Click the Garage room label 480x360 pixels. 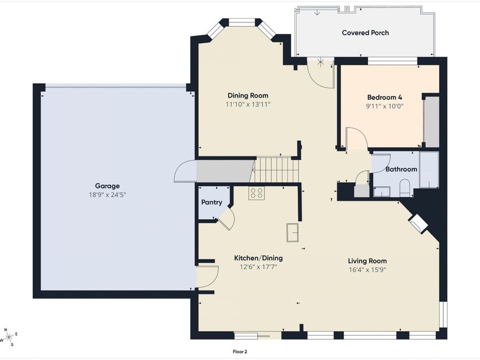(107, 186)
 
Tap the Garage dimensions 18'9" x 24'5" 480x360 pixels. (107, 195)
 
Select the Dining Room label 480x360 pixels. (248, 95)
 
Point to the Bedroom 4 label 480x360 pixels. (385, 98)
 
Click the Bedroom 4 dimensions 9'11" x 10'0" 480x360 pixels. (385, 106)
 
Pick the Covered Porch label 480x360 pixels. (365, 33)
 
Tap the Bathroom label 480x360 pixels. (401, 169)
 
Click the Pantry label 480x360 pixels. (212, 202)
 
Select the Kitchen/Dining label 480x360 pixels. (258, 258)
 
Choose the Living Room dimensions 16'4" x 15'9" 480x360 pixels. (367, 270)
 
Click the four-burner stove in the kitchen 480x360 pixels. (257, 193)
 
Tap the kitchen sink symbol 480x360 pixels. (292, 233)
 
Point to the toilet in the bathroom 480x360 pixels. (405, 188)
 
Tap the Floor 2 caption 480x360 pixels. (239, 352)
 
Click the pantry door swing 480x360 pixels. (226, 218)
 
